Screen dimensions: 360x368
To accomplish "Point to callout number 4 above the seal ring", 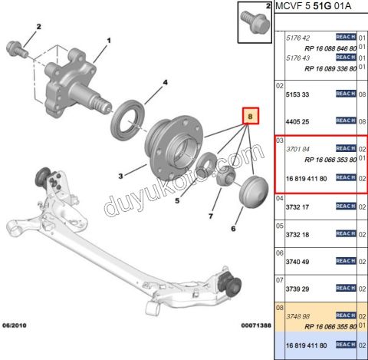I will pos(164,82).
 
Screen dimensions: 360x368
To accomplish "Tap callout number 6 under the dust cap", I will pos(232,229).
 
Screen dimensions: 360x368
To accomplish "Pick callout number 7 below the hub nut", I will pos(211,217).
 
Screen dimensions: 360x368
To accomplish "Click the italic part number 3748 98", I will pos(297,315).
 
